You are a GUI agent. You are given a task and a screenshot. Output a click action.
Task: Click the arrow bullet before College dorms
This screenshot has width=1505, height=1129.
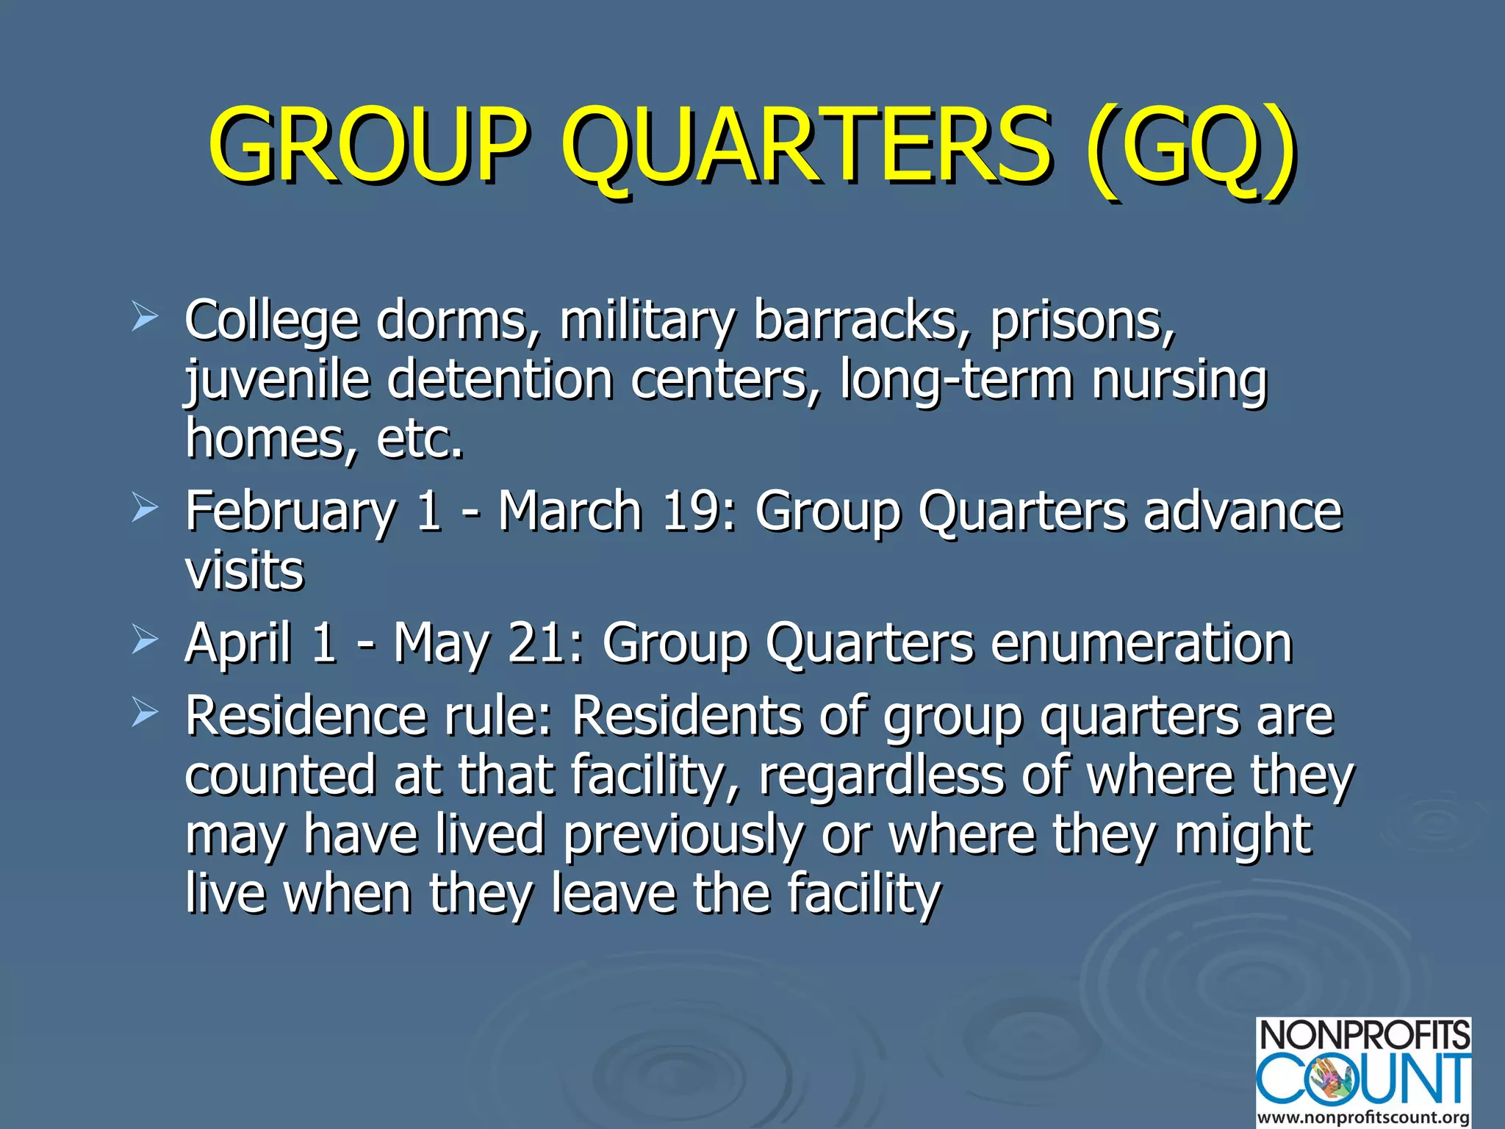pos(145,318)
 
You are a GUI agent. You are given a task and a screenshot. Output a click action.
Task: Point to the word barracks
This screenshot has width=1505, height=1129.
pos(855,321)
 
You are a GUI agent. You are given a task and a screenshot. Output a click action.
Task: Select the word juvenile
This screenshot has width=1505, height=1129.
pos(276,380)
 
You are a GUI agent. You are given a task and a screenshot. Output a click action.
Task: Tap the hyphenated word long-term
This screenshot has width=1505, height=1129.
pos(956,380)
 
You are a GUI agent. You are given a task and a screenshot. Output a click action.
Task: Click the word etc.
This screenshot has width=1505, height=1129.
pos(420,439)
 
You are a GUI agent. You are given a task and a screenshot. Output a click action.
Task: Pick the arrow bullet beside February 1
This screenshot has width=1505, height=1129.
pos(145,509)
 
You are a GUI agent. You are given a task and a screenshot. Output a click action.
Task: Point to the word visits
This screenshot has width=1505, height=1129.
pos(244,570)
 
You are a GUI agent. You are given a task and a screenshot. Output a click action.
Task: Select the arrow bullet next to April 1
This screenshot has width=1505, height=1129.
pos(145,641)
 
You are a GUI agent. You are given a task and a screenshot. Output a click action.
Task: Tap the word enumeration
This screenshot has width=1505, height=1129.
pos(1141,643)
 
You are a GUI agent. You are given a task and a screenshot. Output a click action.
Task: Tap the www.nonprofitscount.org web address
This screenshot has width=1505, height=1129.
pos(1363,1117)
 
